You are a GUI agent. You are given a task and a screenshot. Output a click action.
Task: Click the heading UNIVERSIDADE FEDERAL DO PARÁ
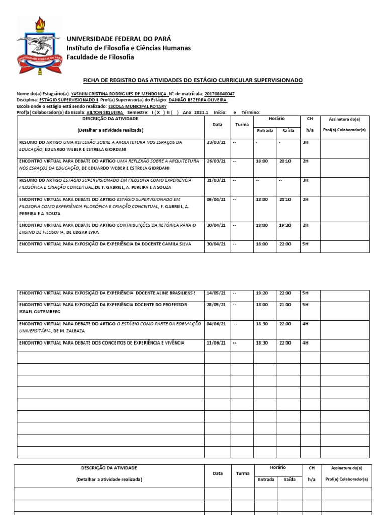tap(119, 39)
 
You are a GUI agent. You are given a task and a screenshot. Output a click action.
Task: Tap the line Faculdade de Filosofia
tap(101, 57)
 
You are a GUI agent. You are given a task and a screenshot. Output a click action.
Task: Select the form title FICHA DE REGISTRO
tap(192, 81)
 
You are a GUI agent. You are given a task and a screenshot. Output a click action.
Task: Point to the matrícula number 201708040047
tap(220, 94)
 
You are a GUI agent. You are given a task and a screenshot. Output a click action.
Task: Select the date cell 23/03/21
tap(216, 143)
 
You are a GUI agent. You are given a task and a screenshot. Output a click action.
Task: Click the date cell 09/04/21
tap(216, 200)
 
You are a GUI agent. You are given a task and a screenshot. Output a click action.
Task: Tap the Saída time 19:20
tap(285, 226)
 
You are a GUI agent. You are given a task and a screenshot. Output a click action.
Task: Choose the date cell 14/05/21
tap(216, 292)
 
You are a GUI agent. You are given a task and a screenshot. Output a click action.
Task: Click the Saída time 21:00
tap(285, 305)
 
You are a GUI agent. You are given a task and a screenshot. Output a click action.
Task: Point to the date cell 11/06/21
tap(216, 343)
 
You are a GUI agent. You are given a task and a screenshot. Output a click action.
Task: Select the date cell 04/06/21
tap(216, 324)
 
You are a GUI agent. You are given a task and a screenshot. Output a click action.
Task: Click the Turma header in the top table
tap(242, 124)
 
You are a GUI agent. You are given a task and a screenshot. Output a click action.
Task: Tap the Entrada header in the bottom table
tap(266, 480)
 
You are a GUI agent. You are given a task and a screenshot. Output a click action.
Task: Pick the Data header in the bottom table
tap(217, 473)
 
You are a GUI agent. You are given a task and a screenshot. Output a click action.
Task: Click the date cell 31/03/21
tap(216, 180)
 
